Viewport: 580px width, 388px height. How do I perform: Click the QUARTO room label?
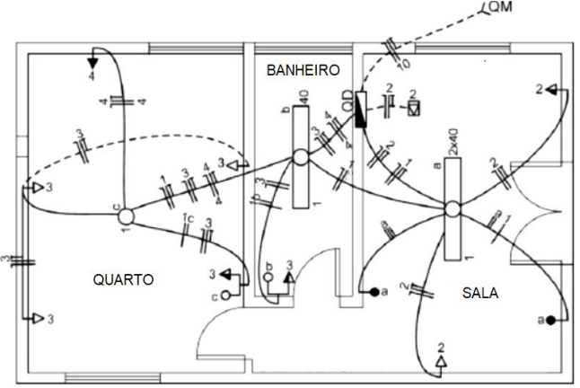click(123, 279)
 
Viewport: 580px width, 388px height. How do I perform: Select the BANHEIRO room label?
click(302, 68)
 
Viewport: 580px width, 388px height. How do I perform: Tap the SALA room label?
click(480, 293)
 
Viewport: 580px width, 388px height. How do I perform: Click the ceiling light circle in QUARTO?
click(126, 216)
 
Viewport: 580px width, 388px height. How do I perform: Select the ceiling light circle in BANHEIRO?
click(300, 157)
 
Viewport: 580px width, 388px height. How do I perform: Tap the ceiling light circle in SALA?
click(453, 209)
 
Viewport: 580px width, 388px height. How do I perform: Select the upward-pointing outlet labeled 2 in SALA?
click(441, 361)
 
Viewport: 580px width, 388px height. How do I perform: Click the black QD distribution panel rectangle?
click(361, 109)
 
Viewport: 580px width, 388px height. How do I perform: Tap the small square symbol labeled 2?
click(413, 107)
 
